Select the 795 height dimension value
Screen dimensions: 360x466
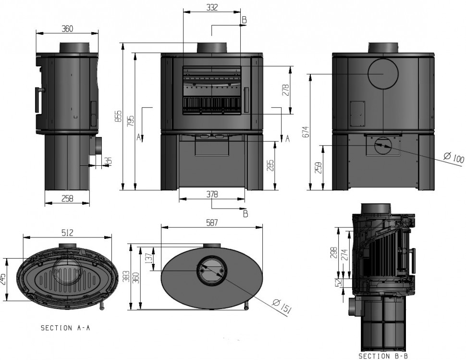(x=131, y=121)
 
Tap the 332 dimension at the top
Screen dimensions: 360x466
(x=212, y=7)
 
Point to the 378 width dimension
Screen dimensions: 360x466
(x=212, y=195)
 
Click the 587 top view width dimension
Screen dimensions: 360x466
(x=212, y=223)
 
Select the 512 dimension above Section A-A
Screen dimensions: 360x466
(x=67, y=233)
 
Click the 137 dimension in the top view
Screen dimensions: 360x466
(x=148, y=259)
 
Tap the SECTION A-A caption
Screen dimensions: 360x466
(x=65, y=328)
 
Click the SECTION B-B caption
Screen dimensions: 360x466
(x=382, y=356)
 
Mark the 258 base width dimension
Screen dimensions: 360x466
(x=67, y=199)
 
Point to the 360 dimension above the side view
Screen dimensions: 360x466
(x=67, y=29)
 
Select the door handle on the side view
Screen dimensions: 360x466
(x=37, y=101)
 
